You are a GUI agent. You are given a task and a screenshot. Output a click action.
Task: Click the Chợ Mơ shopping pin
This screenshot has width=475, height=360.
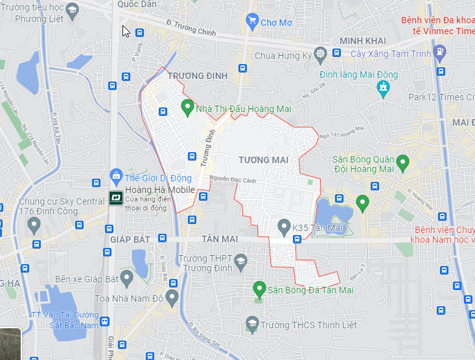click(x=252, y=22)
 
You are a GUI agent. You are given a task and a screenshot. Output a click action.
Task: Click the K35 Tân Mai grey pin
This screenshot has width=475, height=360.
click(x=283, y=227)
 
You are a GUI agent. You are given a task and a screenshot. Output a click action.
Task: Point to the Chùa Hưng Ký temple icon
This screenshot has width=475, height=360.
click(x=319, y=54)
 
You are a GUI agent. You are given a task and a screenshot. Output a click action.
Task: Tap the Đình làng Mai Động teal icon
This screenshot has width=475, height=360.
click(x=383, y=87)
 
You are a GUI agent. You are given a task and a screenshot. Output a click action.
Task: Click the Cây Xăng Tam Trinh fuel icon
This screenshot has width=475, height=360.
click(x=440, y=51)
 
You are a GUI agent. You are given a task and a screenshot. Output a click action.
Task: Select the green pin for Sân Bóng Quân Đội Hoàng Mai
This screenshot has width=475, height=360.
click(x=402, y=162)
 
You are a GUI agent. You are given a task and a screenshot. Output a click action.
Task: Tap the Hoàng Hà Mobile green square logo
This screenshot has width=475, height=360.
click(x=116, y=197)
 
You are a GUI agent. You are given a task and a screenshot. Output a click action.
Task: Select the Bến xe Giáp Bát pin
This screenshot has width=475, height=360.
click(x=127, y=278)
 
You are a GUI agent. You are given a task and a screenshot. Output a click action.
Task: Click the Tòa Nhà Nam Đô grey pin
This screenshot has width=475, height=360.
click(x=172, y=297)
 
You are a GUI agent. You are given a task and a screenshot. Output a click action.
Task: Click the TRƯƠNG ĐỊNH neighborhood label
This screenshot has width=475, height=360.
click(x=198, y=76)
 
